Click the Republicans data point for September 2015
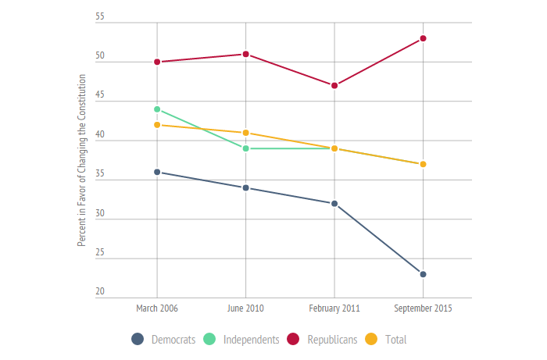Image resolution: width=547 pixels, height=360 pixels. tap(423, 38)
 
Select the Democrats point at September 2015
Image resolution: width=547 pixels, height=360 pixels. tap(423, 274)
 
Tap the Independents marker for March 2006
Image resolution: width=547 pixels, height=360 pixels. tap(157, 109)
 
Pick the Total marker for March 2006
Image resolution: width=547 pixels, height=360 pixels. tap(157, 125)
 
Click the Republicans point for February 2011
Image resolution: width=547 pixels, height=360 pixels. tap(334, 85)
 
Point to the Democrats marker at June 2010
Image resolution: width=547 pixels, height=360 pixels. tap(246, 187)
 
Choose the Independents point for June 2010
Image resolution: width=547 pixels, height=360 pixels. tap(246, 148)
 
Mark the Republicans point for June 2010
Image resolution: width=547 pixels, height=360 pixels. tap(246, 54)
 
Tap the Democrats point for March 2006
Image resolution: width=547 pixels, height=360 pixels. tap(157, 172)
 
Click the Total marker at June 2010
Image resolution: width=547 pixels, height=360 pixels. tap(246, 133)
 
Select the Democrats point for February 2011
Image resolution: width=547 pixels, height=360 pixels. tap(334, 204)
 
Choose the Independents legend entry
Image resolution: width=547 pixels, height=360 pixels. tap(241, 339)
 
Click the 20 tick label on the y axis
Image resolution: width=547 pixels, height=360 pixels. tap(100, 292)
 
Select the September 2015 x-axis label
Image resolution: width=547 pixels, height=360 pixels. tap(423, 308)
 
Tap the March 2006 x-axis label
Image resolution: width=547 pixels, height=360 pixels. tap(157, 308)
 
